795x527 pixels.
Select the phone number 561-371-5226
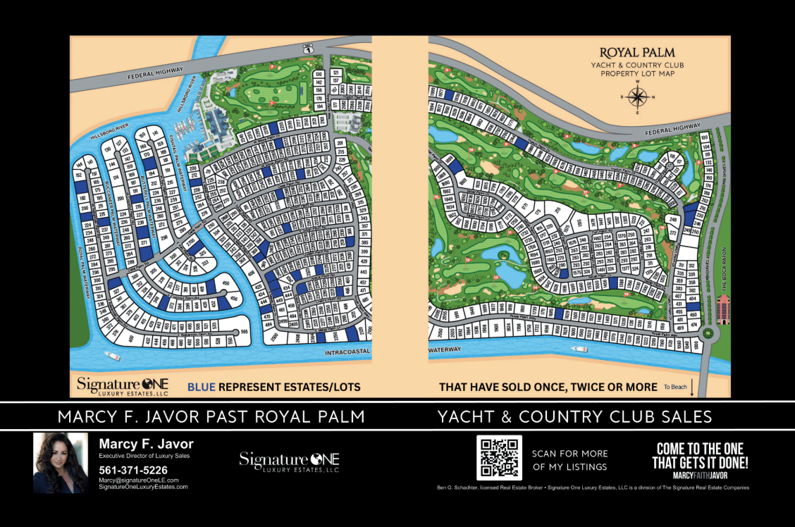pyautogui.click(x=133, y=470)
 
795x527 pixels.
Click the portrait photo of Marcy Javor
pyautogui.click(x=60, y=462)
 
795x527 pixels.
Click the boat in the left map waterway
pyautogui.click(x=112, y=356)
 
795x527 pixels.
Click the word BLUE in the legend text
pyautogui.click(x=202, y=387)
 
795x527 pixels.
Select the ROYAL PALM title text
pyautogui.click(x=637, y=53)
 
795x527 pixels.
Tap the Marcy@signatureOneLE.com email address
pyautogui.click(x=138, y=480)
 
